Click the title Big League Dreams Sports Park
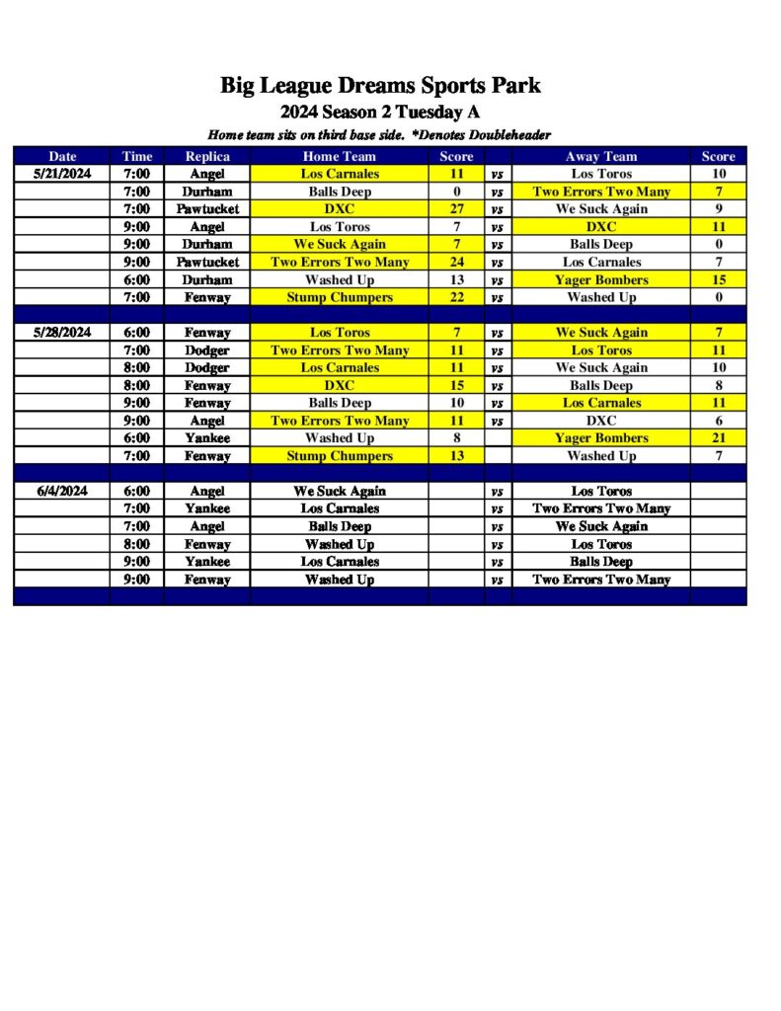pyautogui.click(x=380, y=86)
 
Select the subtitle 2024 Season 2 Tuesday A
pyautogui.click(x=380, y=112)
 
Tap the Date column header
pyautogui.click(x=62, y=156)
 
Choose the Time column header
pyautogui.click(x=137, y=156)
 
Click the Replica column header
pyautogui.click(x=207, y=156)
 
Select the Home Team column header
pyautogui.click(x=339, y=156)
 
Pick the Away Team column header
pyautogui.click(x=601, y=156)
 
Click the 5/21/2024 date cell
pyautogui.click(x=62, y=174)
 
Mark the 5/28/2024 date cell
pyautogui.click(x=62, y=333)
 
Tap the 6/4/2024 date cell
pyautogui.click(x=62, y=491)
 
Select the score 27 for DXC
pyautogui.click(x=456, y=209)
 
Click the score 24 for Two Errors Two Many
pyautogui.click(x=456, y=262)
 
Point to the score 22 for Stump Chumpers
pyautogui.click(x=456, y=297)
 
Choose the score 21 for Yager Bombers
pyautogui.click(x=719, y=438)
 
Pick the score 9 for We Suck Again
pyautogui.click(x=719, y=209)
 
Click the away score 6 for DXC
pyautogui.click(x=719, y=421)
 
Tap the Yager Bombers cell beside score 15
pyautogui.click(x=601, y=279)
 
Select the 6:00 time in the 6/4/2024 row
pyautogui.click(x=137, y=491)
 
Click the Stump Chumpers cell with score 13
pyautogui.click(x=339, y=456)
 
